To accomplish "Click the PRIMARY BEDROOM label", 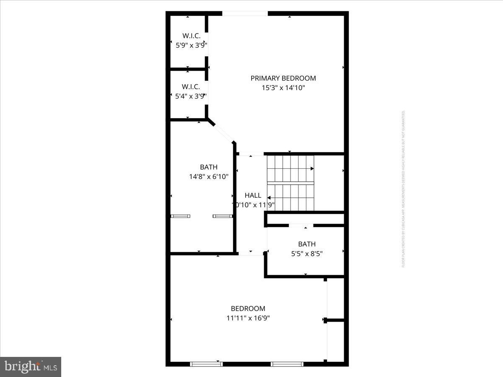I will coord(283,78).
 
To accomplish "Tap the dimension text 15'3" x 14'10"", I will coord(283,88).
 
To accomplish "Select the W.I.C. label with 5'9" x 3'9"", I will coord(191,35).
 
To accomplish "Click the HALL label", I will coord(253,195).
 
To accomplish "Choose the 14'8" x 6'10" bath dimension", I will coord(209,177).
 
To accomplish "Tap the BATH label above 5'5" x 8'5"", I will coord(307,244).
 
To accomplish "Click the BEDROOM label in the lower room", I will coord(248,309).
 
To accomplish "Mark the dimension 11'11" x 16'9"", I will coord(248,318).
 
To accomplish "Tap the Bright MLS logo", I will coord(31,367).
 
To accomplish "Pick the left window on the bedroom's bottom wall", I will coord(206,364).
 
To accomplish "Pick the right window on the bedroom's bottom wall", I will coord(287,364).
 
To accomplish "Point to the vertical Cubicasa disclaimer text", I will coord(403,188).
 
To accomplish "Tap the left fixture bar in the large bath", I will coord(181,216).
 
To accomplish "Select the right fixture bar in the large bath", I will coord(223,216).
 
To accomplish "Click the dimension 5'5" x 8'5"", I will coord(307,253).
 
